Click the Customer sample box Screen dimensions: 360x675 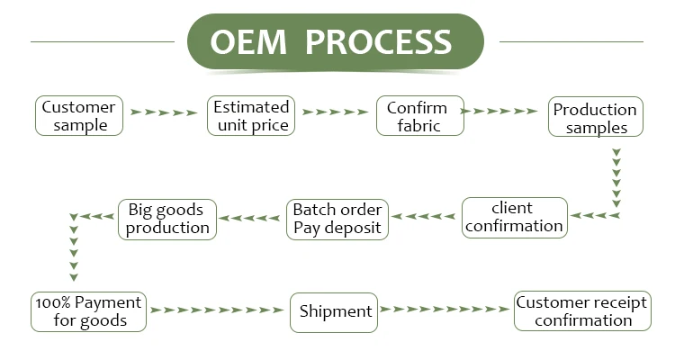79,115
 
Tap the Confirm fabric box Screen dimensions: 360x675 419,115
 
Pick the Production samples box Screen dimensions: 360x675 595,118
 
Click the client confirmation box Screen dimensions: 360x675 515,218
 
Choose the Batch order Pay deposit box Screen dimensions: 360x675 337,218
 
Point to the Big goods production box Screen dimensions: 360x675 167,219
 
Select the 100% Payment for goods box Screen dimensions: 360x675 88,311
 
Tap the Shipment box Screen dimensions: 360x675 335,311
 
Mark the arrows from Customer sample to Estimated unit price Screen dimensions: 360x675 164,112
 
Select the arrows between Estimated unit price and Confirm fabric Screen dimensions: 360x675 336,112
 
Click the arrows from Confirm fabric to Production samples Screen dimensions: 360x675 505,112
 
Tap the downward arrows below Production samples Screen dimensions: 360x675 616,175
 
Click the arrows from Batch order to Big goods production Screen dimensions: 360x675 250,217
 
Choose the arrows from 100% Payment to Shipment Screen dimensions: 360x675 216,310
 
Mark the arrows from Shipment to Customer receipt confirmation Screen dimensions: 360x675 445,310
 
